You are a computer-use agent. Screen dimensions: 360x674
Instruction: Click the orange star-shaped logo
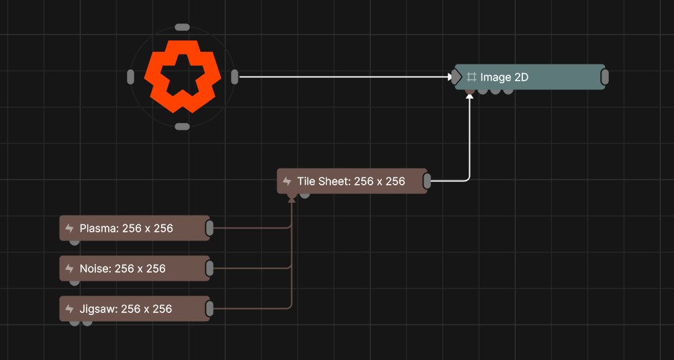click(x=182, y=77)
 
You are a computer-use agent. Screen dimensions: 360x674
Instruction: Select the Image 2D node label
click(x=504, y=77)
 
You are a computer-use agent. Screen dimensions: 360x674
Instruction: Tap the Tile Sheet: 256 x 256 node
click(x=351, y=181)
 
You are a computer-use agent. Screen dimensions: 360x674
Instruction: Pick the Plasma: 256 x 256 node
click(x=126, y=228)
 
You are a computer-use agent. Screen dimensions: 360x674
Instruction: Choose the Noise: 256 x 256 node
click(x=122, y=269)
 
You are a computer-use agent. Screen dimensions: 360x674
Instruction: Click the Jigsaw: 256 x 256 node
click(x=126, y=309)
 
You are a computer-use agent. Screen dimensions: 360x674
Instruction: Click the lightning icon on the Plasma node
click(x=69, y=228)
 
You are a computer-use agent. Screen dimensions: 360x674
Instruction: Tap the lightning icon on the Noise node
click(x=69, y=269)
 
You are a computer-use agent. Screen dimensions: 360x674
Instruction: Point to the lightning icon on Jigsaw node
click(x=69, y=309)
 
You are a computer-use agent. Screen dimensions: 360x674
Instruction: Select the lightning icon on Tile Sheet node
click(x=287, y=181)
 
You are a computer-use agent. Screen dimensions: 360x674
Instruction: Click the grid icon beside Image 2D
click(x=472, y=77)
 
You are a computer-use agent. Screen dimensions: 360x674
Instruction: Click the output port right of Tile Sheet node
click(x=427, y=181)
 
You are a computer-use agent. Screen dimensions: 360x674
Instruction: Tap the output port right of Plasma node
click(x=209, y=228)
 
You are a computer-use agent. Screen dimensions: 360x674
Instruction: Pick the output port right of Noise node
click(x=209, y=269)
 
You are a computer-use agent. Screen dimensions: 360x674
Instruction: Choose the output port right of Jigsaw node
click(x=209, y=309)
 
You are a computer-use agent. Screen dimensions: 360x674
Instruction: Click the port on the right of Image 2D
click(x=604, y=77)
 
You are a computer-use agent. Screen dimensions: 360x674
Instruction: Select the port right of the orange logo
click(x=234, y=77)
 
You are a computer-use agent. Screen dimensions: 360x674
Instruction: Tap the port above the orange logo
click(x=182, y=28)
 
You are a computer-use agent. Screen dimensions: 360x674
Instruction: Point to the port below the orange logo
click(x=182, y=126)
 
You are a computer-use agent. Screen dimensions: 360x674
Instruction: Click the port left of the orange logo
click(x=130, y=77)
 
